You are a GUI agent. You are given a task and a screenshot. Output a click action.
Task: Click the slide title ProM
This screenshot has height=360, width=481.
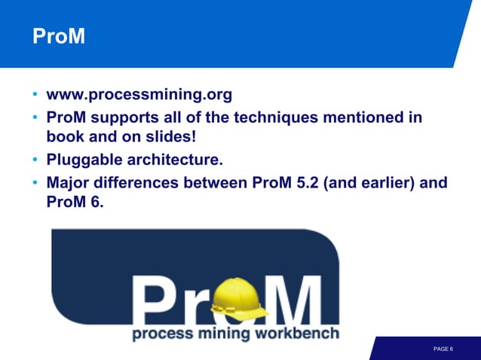[57, 36]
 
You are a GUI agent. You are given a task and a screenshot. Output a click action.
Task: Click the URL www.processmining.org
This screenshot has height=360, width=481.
[139, 96]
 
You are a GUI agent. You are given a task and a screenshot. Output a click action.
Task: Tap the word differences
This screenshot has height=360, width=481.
[142, 182]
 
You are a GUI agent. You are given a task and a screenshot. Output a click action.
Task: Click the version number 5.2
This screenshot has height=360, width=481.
[305, 182]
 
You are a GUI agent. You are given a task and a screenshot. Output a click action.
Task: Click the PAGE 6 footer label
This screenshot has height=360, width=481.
[443, 349]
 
